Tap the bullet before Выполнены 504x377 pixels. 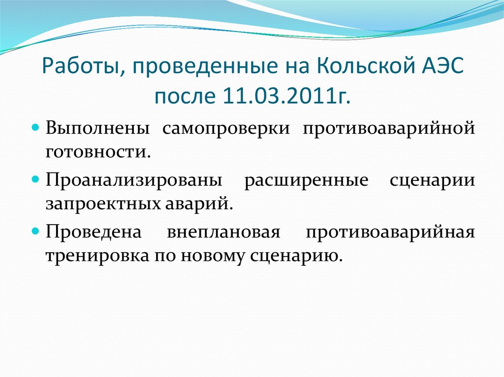pos(36,128)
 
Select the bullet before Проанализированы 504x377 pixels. pos(36,180)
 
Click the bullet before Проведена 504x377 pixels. pos(36,231)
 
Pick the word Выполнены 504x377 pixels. pos(98,129)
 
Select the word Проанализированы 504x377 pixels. pos(133,181)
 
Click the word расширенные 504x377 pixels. pos(306,181)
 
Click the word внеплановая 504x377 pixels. pos(223,232)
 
